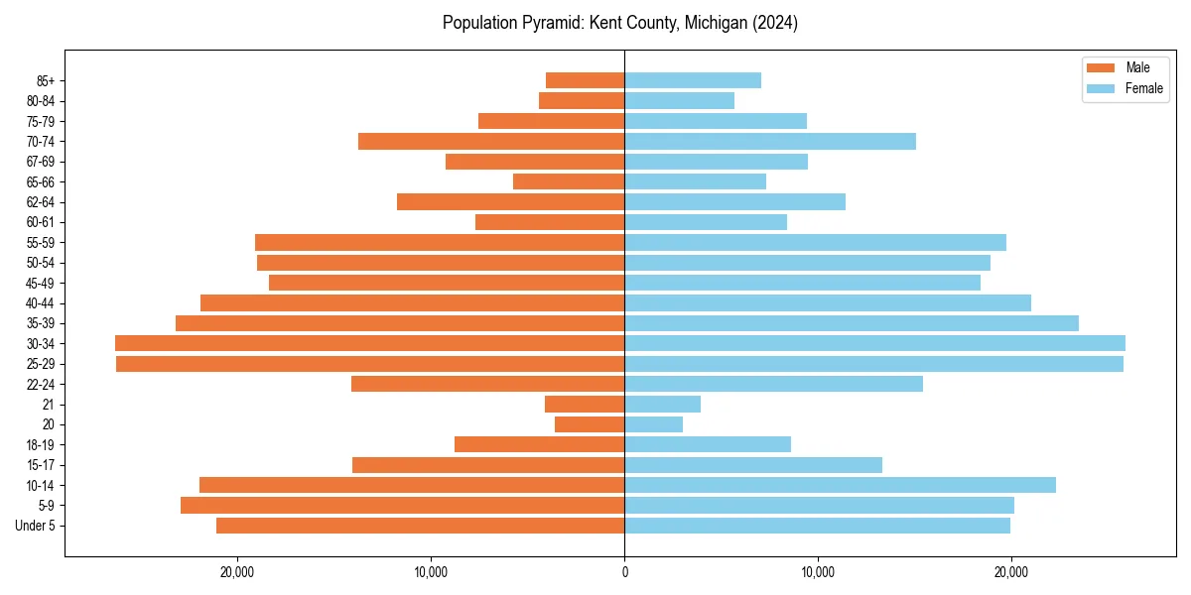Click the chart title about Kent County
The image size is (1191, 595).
click(619, 23)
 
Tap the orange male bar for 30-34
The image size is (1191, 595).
click(369, 343)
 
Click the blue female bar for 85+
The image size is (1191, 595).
click(693, 80)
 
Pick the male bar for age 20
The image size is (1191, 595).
click(590, 424)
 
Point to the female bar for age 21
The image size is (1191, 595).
click(662, 404)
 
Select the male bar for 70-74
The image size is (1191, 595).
click(491, 141)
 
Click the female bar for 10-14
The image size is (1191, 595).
click(840, 485)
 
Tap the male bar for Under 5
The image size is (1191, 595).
click(420, 526)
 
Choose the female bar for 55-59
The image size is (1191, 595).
click(815, 242)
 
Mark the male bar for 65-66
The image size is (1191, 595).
click(569, 181)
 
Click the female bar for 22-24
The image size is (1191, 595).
click(773, 384)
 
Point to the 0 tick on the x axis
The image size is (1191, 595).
click(624, 572)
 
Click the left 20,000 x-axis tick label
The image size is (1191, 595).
click(237, 572)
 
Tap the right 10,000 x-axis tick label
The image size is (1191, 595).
click(818, 572)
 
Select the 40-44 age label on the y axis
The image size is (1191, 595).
click(41, 303)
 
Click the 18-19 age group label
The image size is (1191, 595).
click(41, 444)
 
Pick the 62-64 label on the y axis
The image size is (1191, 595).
click(41, 202)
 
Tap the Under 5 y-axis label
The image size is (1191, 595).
click(36, 526)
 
